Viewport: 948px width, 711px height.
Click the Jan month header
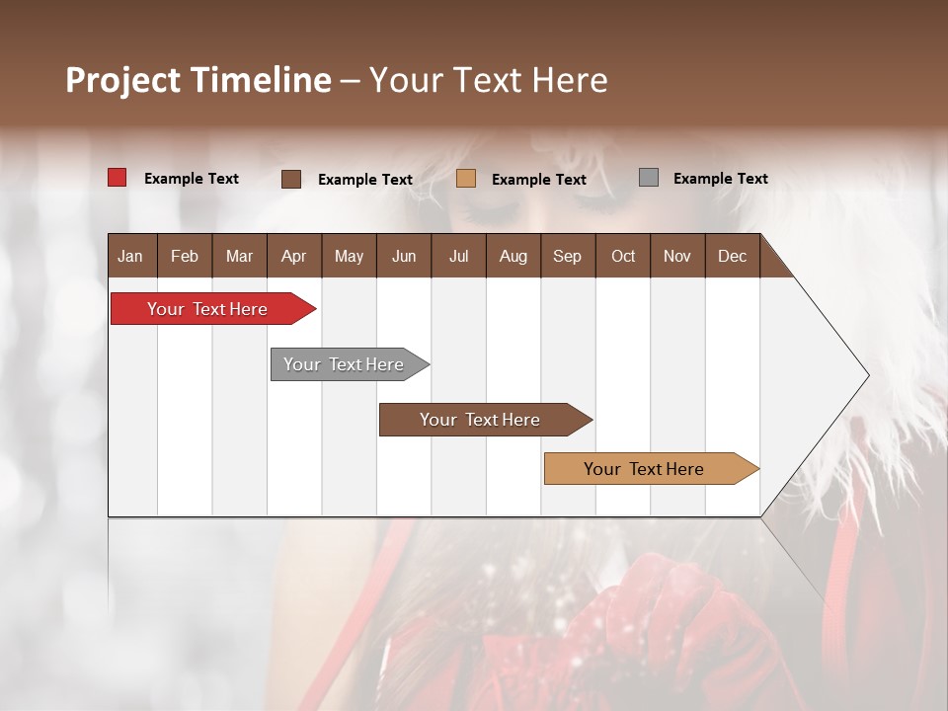point(130,256)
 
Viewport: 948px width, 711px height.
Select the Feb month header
point(185,256)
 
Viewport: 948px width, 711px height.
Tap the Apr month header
point(294,256)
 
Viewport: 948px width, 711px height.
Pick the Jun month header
point(404,256)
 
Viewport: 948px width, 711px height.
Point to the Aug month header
point(513,256)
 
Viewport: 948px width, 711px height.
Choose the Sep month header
point(568,256)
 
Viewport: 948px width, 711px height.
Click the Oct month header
point(623,256)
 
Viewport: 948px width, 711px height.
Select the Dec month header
point(733,256)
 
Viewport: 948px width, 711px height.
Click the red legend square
point(118,178)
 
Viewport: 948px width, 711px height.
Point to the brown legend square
point(291,179)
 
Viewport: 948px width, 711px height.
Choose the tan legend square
point(466,178)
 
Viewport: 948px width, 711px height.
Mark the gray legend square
point(649,178)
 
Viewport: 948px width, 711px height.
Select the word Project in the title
point(122,80)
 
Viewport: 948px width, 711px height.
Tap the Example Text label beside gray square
point(720,179)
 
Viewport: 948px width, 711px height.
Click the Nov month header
point(677,256)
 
